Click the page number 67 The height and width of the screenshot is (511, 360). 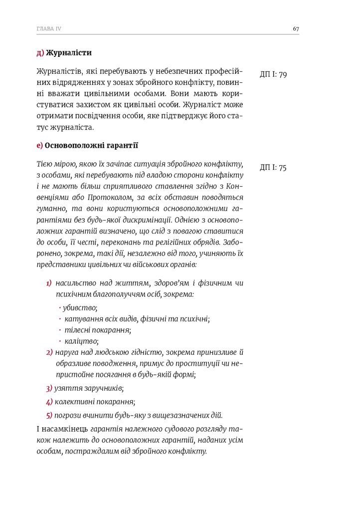coord(296,28)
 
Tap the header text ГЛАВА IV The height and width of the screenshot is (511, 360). coord(49,28)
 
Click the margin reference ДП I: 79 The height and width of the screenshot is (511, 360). coord(273,75)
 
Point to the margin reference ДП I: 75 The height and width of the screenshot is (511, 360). coord(273,168)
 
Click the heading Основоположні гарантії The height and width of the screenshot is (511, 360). coord(91,146)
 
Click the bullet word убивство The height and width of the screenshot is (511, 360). coord(80,307)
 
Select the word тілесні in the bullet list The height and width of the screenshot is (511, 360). coord(76,330)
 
